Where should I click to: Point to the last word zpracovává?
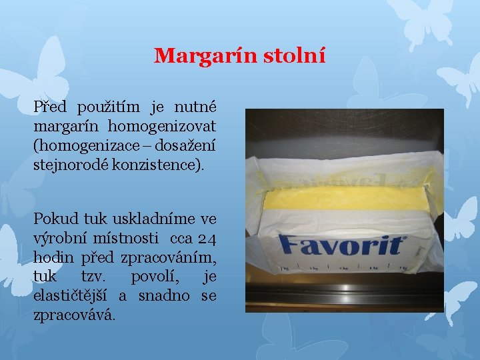pos(73,313)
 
